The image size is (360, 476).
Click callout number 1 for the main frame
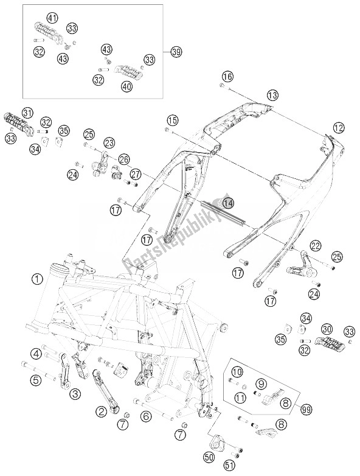38,280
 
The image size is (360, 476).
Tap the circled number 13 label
272,95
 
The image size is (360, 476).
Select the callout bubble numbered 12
338,128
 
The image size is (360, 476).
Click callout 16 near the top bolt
227,77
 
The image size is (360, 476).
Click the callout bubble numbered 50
209,457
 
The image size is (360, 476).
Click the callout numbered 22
298,246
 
